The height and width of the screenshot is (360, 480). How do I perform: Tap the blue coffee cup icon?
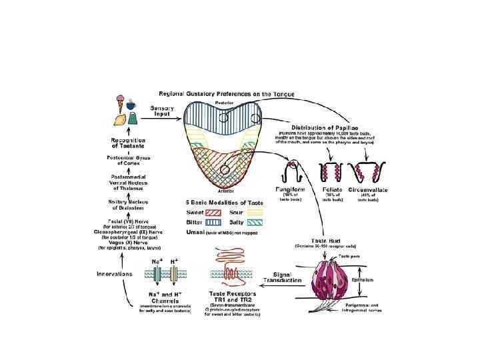[x=131, y=105]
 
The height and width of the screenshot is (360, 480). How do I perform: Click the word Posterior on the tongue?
[x=221, y=104]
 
